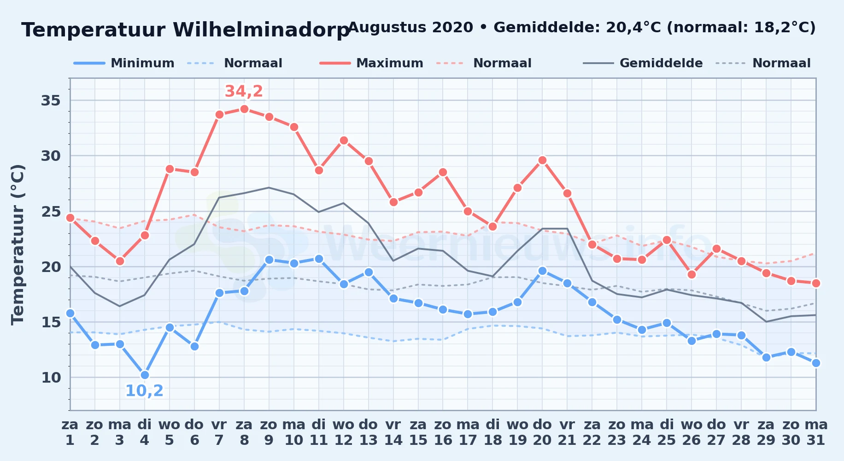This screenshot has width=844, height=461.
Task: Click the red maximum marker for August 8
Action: (x=244, y=109)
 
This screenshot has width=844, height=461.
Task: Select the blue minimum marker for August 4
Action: (x=145, y=375)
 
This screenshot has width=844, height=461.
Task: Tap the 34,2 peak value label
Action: (x=244, y=91)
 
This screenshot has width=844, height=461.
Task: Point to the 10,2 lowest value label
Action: (x=144, y=391)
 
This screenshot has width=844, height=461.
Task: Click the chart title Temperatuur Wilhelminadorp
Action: (x=186, y=30)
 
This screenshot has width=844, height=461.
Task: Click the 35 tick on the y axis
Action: (x=51, y=100)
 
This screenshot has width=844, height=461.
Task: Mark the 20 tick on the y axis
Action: (x=51, y=267)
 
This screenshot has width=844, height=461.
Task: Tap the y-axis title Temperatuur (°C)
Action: (x=18, y=244)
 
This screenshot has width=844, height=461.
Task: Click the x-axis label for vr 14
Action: (x=393, y=432)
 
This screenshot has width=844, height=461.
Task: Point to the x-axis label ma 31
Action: (x=816, y=432)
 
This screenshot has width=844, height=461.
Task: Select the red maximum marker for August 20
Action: (x=542, y=160)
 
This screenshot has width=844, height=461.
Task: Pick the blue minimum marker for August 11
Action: (x=319, y=259)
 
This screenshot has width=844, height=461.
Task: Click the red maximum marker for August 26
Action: (x=692, y=275)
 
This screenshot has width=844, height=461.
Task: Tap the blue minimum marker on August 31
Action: (x=816, y=363)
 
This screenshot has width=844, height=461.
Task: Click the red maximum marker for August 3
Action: (x=120, y=261)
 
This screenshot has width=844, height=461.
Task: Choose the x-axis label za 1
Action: (x=70, y=432)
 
